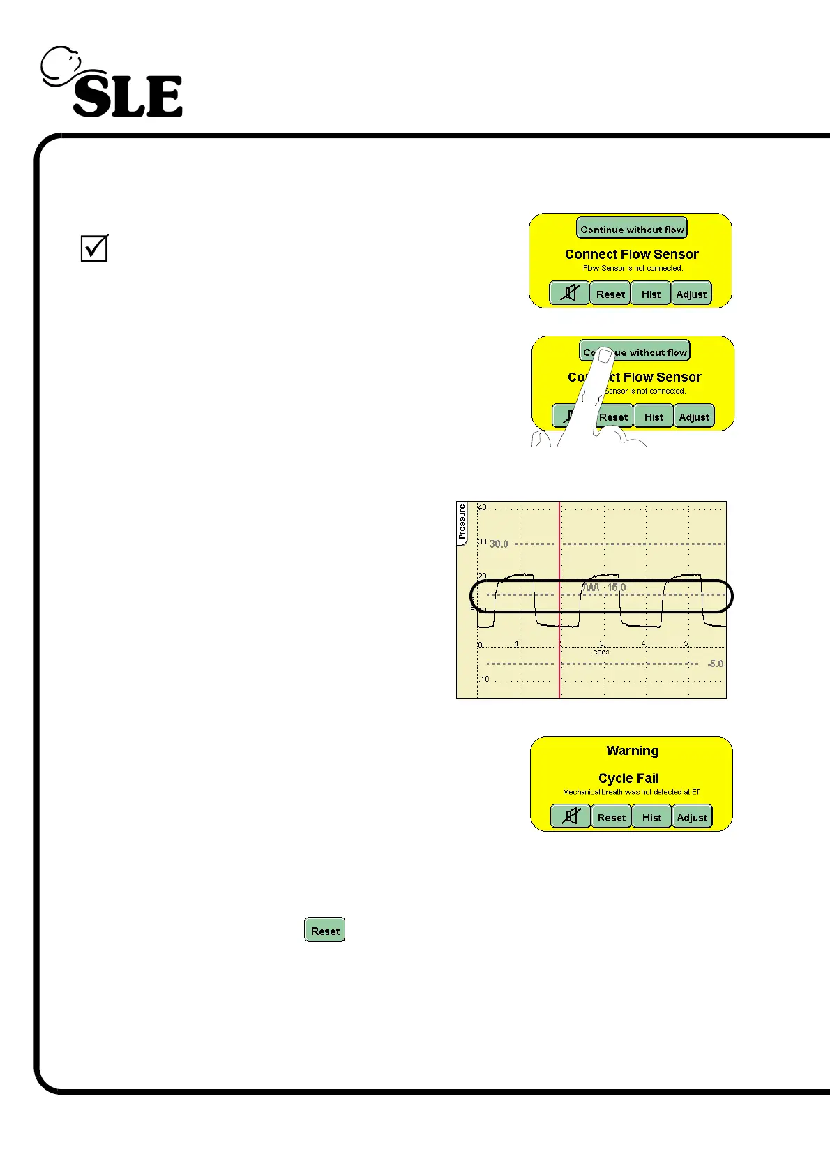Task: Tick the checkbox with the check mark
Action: tap(94, 248)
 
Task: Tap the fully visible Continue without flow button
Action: tap(632, 229)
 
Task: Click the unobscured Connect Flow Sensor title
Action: tap(631, 254)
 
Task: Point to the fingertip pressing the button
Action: tap(604, 355)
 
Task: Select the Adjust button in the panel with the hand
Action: tap(694, 417)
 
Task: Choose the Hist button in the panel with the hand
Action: tap(654, 417)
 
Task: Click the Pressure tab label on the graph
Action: tap(462, 523)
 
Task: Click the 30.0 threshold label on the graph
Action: tap(499, 544)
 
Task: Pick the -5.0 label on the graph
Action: tap(716, 664)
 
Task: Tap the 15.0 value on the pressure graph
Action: tap(617, 587)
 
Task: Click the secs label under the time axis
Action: tap(601, 652)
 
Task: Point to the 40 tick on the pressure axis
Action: tap(482, 507)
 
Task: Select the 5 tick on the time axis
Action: tap(686, 643)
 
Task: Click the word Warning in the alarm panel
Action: tap(632, 751)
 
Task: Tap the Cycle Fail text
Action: tap(628, 778)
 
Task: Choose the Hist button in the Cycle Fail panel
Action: tap(651, 817)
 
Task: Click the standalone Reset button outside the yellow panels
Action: tap(325, 930)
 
